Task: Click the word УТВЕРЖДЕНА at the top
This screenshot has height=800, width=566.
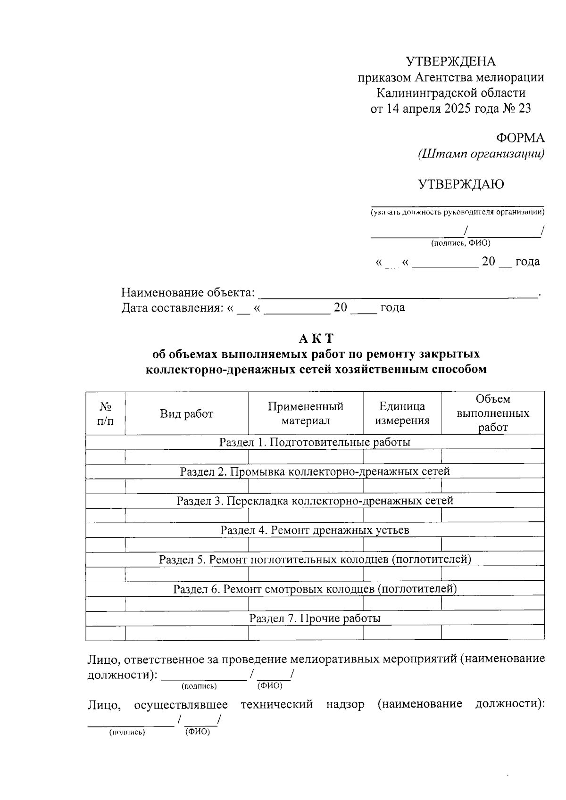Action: pyautogui.click(x=450, y=62)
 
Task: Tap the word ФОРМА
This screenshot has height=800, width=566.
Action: pyautogui.click(x=520, y=138)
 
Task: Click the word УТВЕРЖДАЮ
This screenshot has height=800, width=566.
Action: pyautogui.click(x=460, y=184)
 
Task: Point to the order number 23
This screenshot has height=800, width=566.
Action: pyautogui.click(x=524, y=109)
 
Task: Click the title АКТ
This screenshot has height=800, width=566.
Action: pyautogui.click(x=316, y=338)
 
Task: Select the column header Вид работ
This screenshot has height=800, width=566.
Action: pyautogui.click(x=186, y=414)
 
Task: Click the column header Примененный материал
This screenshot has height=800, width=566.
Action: pyautogui.click(x=306, y=413)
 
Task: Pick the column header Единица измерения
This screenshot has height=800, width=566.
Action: pyautogui.click(x=402, y=413)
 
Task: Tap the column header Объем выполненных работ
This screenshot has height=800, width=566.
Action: pyautogui.click(x=493, y=413)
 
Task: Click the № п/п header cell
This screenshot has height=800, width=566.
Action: pyautogui.click(x=105, y=413)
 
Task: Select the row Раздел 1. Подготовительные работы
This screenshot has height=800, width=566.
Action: pyautogui.click(x=315, y=442)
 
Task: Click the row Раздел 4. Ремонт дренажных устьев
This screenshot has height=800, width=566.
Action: pyautogui.click(x=315, y=530)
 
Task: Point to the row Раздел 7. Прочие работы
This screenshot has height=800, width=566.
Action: pyautogui.click(x=315, y=619)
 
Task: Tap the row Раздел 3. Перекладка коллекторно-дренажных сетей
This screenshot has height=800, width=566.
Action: pyautogui.click(x=315, y=501)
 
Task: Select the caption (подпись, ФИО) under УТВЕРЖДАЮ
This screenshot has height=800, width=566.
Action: pyautogui.click(x=460, y=243)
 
